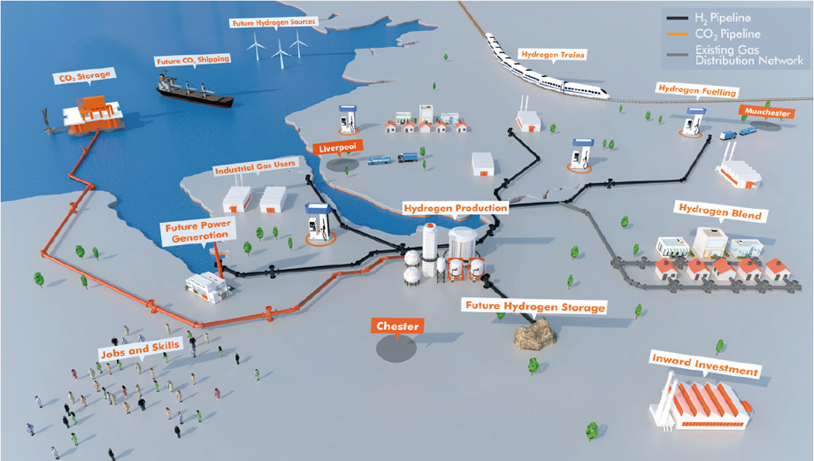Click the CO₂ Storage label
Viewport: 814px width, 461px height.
pos(85,77)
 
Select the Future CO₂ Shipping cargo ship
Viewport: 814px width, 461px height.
pos(194,91)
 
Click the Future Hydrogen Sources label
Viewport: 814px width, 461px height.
pos(273,22)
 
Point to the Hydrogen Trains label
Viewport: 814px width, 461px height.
pos(553,55)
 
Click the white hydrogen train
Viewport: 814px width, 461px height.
pos(546,69)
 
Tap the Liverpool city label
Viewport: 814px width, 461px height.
pos(338,148)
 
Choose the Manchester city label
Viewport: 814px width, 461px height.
pos(767,112)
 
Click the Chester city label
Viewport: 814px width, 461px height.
pos(397,326)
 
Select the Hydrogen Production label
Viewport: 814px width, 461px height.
pos(456,208)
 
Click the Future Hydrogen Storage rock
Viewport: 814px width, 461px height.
pos(535,332)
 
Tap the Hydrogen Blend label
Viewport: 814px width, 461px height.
pos(720,211)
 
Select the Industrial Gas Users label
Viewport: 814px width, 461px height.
pos(255,166)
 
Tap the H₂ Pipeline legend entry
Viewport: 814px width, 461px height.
pos(709,19)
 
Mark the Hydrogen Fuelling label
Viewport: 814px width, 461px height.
pos(697,90)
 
